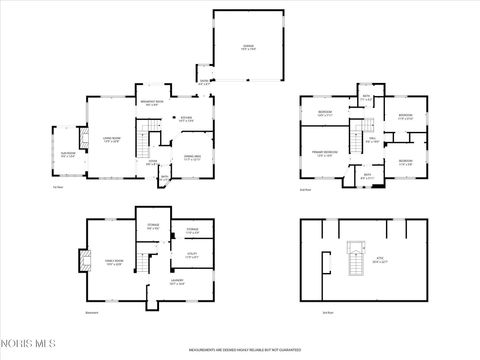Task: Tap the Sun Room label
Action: pyautogui.click(x=67, y=155)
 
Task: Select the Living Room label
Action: pyautogui.click(x=111, y=141)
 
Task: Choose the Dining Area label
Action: pyautogui.click(x=189, y=156)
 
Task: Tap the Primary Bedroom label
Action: pyautogui.click(x=324, y=153)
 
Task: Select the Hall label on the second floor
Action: pyautogui.click(x=372, y=141)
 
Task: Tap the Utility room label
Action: pyautogui.click(x=192, y=256)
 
